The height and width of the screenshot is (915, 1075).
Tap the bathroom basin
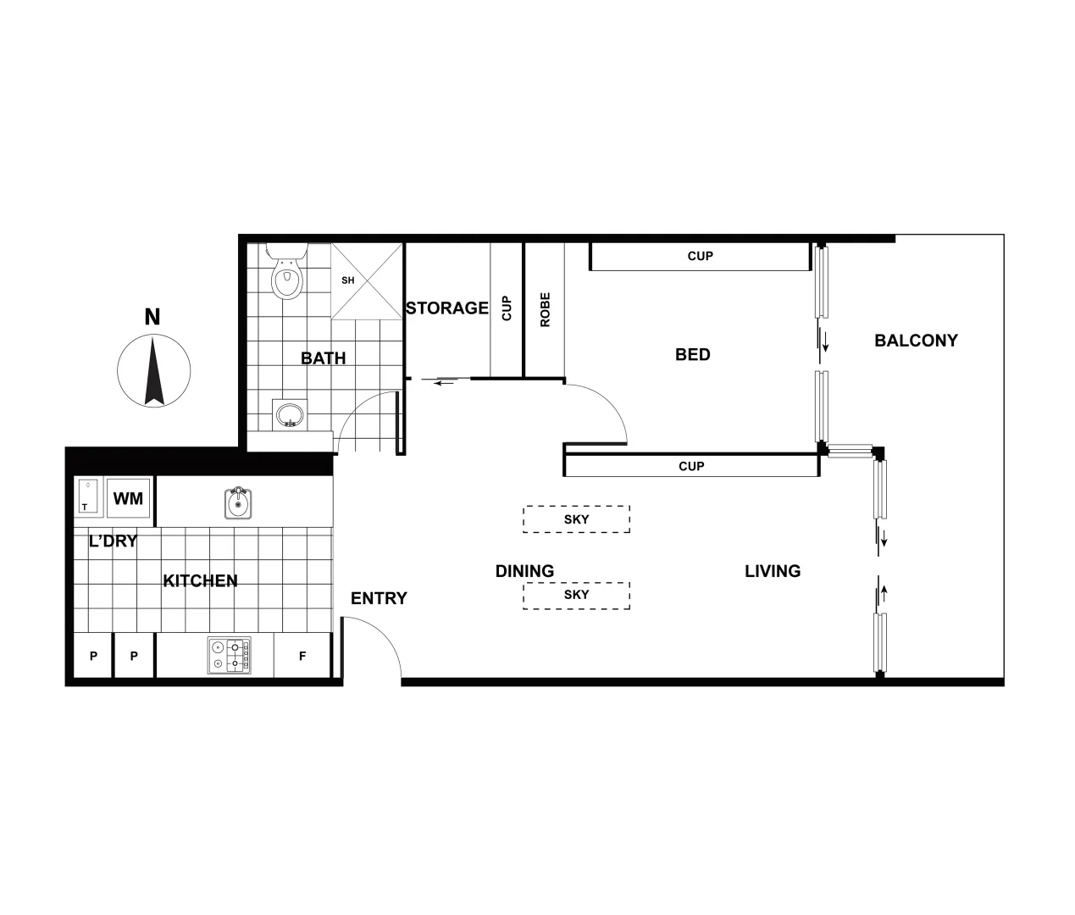pyautogui.click(x=291, y=414)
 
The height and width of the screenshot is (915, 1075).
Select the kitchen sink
pyautogui.click(x=238, y=503)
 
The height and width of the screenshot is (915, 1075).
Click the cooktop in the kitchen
pyautogui.click(x=229, y=656)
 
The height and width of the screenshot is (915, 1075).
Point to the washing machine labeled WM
pyautogui.click(x=129, y=498)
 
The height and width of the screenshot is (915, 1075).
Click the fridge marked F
pyautogui.click(x=302, y=657)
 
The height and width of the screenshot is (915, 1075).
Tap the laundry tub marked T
pyautogui.click(x=89, y=497)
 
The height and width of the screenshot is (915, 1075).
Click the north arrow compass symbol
pyautogui.click(x=152, y=370)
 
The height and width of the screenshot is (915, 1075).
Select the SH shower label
pyautogui.click(x=347, y=280)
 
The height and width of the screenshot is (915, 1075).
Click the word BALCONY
pyautogui.click(x=916, y=341)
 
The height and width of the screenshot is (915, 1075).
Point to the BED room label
pyautogui.click(x=692, y=355)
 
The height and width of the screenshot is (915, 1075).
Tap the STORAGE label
pyautogui.click(x=447, y=308)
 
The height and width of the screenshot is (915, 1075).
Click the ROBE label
pyautogui.click(x=545, y=310)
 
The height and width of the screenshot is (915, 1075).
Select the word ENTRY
pyautogui.click(x=379, y=599)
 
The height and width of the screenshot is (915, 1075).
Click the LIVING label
pyautogui.click(x=772, y=572)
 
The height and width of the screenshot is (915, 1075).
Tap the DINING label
pyautogui.click(x=524, y=572)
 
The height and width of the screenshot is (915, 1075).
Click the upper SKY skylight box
pyautogui.click(x=576, y=519)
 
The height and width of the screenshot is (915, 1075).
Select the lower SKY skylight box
pyautogui.click(x=576, y=595)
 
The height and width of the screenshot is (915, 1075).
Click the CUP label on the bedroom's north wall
pyautogui.click(x=700, y=256)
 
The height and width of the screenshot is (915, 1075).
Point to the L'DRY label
pyautogui.click(x=113, y=541)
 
